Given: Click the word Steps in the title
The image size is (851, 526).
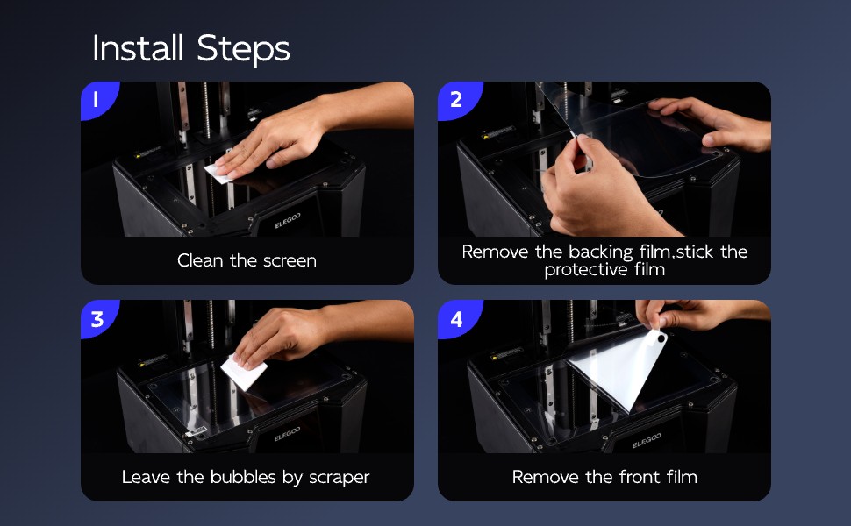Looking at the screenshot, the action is (243, 50).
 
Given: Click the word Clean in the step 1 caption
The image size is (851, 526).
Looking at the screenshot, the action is (200, 261).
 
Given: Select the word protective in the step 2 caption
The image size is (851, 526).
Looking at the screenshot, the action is (585, 270).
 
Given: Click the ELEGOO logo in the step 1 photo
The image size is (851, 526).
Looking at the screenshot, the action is (287, 220).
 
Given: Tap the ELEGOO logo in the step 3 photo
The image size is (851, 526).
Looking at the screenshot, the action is (287, 434).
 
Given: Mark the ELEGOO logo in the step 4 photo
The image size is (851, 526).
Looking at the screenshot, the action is (647, 441).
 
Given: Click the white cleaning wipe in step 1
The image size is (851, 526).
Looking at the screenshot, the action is (220, 171).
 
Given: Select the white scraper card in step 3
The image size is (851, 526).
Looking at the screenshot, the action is (244, 372).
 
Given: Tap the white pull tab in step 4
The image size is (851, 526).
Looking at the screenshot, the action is (655, 339).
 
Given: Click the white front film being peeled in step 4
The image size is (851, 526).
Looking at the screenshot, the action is (619, 374).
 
